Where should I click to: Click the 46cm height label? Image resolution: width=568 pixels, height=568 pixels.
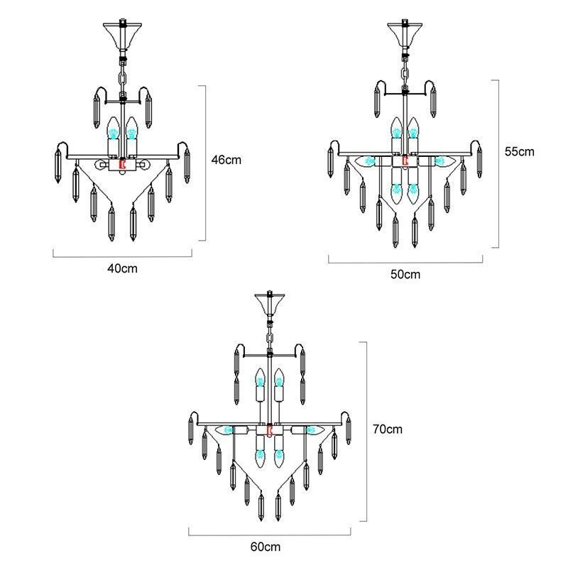point(226,160)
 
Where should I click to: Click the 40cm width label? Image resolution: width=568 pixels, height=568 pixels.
point(122,268)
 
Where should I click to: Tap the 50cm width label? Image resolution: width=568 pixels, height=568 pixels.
point(406,274)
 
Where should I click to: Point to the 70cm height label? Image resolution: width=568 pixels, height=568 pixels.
point(387,429)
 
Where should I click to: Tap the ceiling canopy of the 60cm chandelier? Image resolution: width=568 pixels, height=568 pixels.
point(268,304)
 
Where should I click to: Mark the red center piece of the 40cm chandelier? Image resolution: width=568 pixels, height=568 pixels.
point(122,165)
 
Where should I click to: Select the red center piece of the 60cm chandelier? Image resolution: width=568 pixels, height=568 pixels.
point(269,430)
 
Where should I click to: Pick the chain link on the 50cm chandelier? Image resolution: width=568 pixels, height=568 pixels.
point(404,71)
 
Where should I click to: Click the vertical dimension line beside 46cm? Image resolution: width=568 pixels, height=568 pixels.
point(205,163)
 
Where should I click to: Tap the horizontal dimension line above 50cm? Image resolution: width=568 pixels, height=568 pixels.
point(406,263)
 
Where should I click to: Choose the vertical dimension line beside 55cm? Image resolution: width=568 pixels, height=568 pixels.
point(498,163)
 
